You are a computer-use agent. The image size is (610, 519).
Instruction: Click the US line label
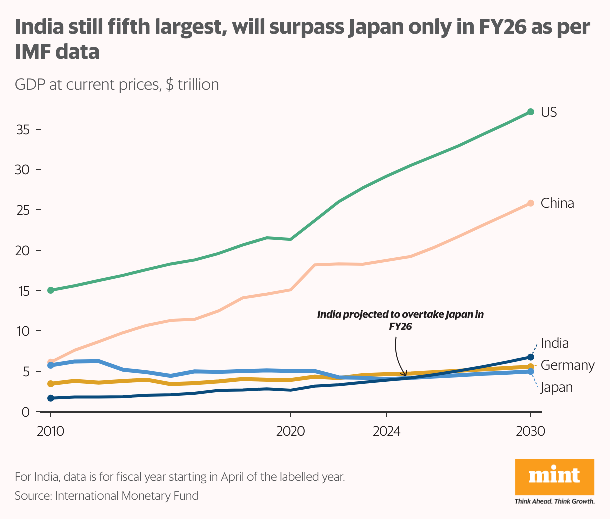(549, 112)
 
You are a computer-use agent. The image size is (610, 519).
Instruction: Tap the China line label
(557, 203)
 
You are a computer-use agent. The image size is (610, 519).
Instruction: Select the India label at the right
(555, 343)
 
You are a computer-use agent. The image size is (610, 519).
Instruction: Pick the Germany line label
(568, 365)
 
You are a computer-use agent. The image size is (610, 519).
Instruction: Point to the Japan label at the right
(556, 387)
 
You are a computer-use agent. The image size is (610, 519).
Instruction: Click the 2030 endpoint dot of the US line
(531, 112)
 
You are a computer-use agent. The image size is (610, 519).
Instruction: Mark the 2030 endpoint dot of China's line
(531, 203)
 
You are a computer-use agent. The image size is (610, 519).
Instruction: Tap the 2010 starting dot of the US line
(50, 290)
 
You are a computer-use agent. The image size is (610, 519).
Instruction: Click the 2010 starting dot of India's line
(50, 398)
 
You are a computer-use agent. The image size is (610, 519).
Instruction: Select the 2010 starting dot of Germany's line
(50, 384)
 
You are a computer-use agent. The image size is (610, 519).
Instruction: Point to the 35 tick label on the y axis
(23, 130)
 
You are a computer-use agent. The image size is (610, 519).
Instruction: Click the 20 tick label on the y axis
(23, 250)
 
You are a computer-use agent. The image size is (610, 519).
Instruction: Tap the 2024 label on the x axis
(386, 431)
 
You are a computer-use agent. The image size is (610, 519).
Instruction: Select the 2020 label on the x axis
(290, 431)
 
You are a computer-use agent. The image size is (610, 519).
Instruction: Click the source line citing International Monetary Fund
(107, 496)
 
